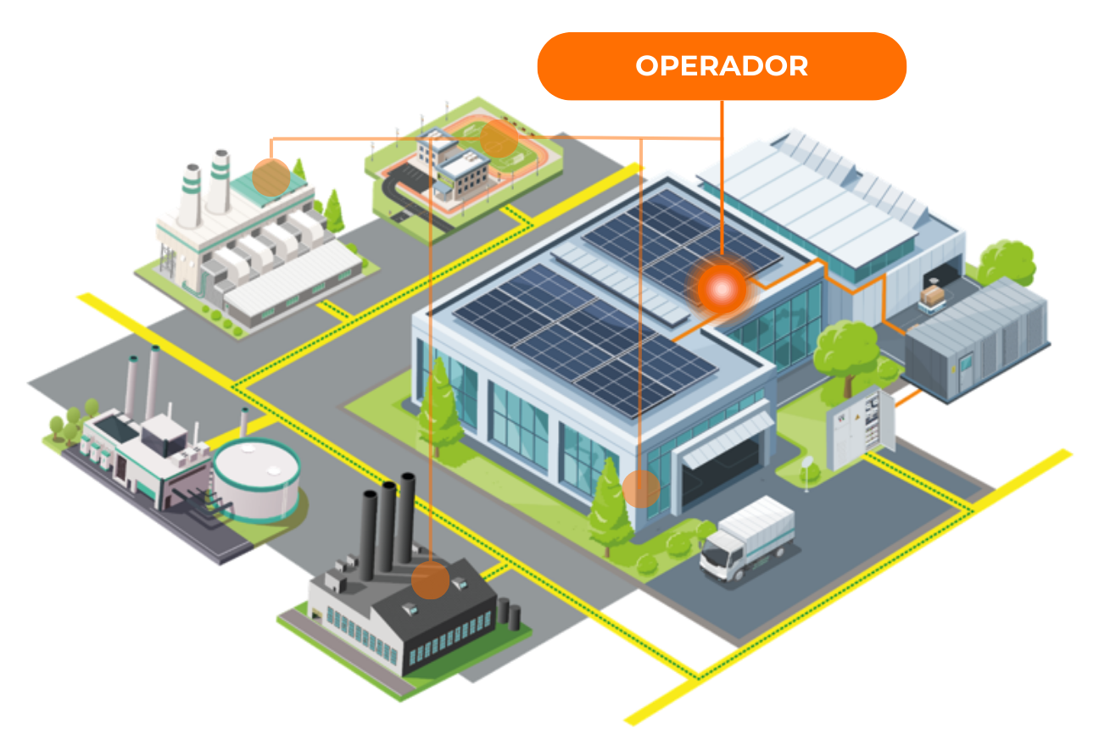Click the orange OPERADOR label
722,66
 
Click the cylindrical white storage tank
255,481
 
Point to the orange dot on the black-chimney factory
431,581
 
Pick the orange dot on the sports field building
499,137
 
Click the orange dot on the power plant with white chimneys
271,177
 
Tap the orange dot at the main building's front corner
641,489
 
